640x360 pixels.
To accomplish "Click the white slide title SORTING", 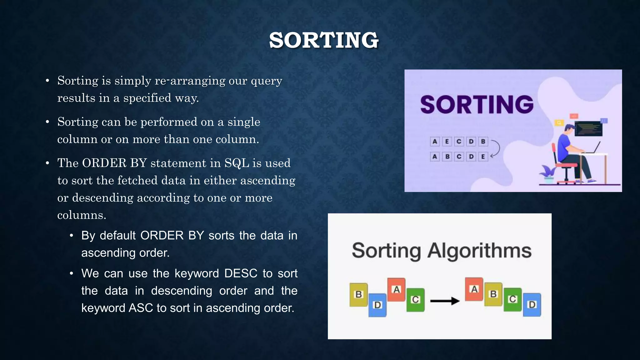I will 324,40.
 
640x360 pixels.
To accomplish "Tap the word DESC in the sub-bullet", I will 241,273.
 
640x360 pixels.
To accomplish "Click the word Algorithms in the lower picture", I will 479,251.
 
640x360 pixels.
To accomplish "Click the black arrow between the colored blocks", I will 445,301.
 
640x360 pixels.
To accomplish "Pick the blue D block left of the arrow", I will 377,305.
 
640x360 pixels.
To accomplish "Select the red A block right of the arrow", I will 474,289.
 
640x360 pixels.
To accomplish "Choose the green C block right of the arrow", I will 512,299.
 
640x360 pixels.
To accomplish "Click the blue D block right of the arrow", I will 532,304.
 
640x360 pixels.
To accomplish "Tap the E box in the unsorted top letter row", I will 447,142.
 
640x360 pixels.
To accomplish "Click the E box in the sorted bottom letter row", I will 483,157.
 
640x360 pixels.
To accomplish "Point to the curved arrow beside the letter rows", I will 496,149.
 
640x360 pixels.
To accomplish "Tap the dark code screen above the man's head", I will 588,128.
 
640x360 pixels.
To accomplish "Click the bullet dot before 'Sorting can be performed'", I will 47,122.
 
